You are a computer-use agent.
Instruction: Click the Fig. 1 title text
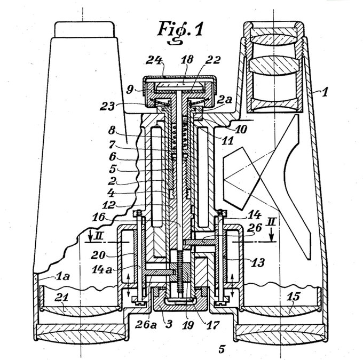[180, 32]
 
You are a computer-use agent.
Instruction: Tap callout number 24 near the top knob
[154, 60]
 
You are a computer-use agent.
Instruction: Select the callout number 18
[187, 59]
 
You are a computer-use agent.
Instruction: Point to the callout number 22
[212, 60]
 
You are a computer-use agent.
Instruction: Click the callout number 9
[130, 90]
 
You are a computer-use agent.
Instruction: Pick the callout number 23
[107, 107]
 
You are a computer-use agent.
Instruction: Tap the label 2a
[225, 100]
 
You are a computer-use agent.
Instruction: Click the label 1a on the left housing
[63, 276]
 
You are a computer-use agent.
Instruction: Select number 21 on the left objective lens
[61, 297]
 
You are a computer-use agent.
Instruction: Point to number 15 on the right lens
[294, 296]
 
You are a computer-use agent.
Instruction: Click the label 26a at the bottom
[146, 325]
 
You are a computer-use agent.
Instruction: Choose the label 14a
[102, 269]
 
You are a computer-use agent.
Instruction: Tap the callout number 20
[98, 255]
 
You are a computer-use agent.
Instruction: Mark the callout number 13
[258, 262]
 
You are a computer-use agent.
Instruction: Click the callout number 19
[187, 325]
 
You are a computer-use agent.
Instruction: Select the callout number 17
[212, 325]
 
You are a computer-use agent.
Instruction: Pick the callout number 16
[98, 217]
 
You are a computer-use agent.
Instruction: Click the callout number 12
[109, 204]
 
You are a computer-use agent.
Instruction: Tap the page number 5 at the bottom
[222, 348]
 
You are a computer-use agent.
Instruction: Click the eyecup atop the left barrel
[84, 29]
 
